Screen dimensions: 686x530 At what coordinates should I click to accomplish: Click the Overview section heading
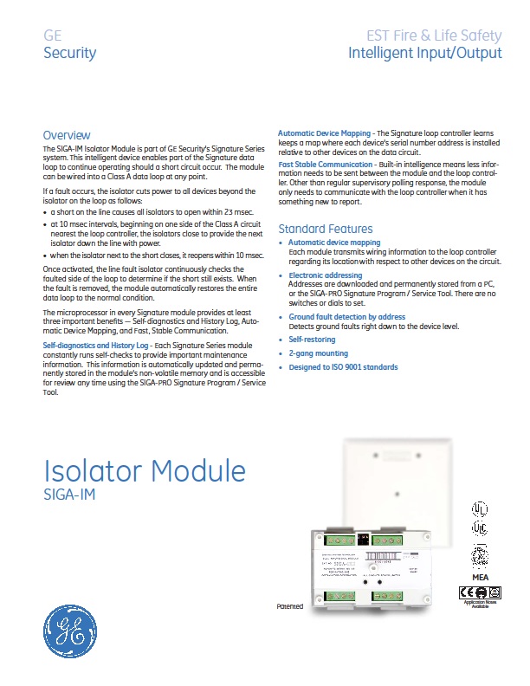67,135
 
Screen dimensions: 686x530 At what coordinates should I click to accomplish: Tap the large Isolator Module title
145,471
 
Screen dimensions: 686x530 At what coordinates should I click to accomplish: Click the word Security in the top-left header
69,53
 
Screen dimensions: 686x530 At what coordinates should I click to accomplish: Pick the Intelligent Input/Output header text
424,53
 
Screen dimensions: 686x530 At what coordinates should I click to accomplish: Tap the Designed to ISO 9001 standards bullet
343,367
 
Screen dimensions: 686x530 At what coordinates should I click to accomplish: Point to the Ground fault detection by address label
346,318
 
